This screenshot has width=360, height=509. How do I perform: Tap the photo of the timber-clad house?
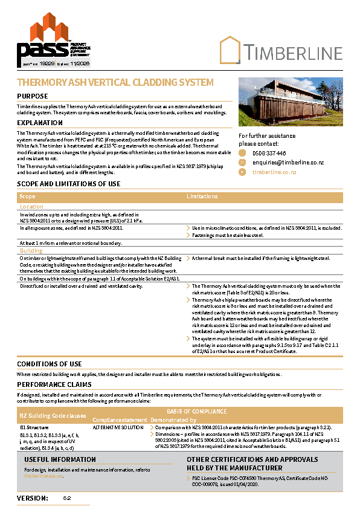coord(291,102)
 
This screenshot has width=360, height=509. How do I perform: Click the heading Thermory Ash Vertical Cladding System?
coord(115,82)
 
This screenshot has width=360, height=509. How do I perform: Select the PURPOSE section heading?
coord(33,96)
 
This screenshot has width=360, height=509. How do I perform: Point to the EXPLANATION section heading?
coord(40,123)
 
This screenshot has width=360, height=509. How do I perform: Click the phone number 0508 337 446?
coord(269,154)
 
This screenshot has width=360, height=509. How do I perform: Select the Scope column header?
coord(27,196)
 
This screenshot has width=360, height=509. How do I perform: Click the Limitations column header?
coord(202,196)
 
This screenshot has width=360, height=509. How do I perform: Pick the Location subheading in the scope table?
coord(31,207)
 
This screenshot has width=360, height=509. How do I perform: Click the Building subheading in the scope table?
coord(31,250)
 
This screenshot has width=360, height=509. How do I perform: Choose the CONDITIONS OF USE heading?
coord(50,364)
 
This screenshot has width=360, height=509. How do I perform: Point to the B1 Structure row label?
coord(34,427)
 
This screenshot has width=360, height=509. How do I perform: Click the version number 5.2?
coord(67,498)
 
